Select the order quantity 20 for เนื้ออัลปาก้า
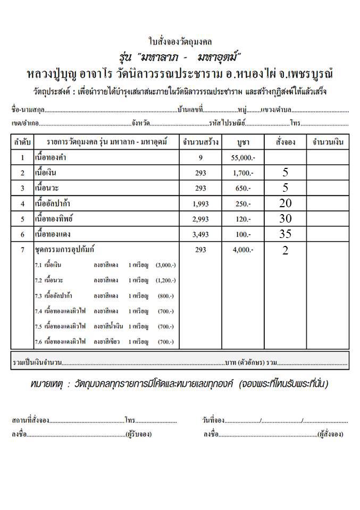click(285, 203)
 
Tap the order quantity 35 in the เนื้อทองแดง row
click(285, 234)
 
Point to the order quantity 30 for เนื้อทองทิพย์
click(285, 218)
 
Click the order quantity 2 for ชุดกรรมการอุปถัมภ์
click(285, 251)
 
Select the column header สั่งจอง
click(286, 142)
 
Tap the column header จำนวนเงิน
click(328, 142)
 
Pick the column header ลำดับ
click(22, 142)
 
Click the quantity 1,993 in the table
click(200, 203)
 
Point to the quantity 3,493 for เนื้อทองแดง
click(200, 234)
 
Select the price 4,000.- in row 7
click(244, 250)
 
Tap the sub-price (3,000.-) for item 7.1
click(165, 265)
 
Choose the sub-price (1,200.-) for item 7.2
click(165, 280)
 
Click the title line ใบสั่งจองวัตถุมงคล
click(180, 41)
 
